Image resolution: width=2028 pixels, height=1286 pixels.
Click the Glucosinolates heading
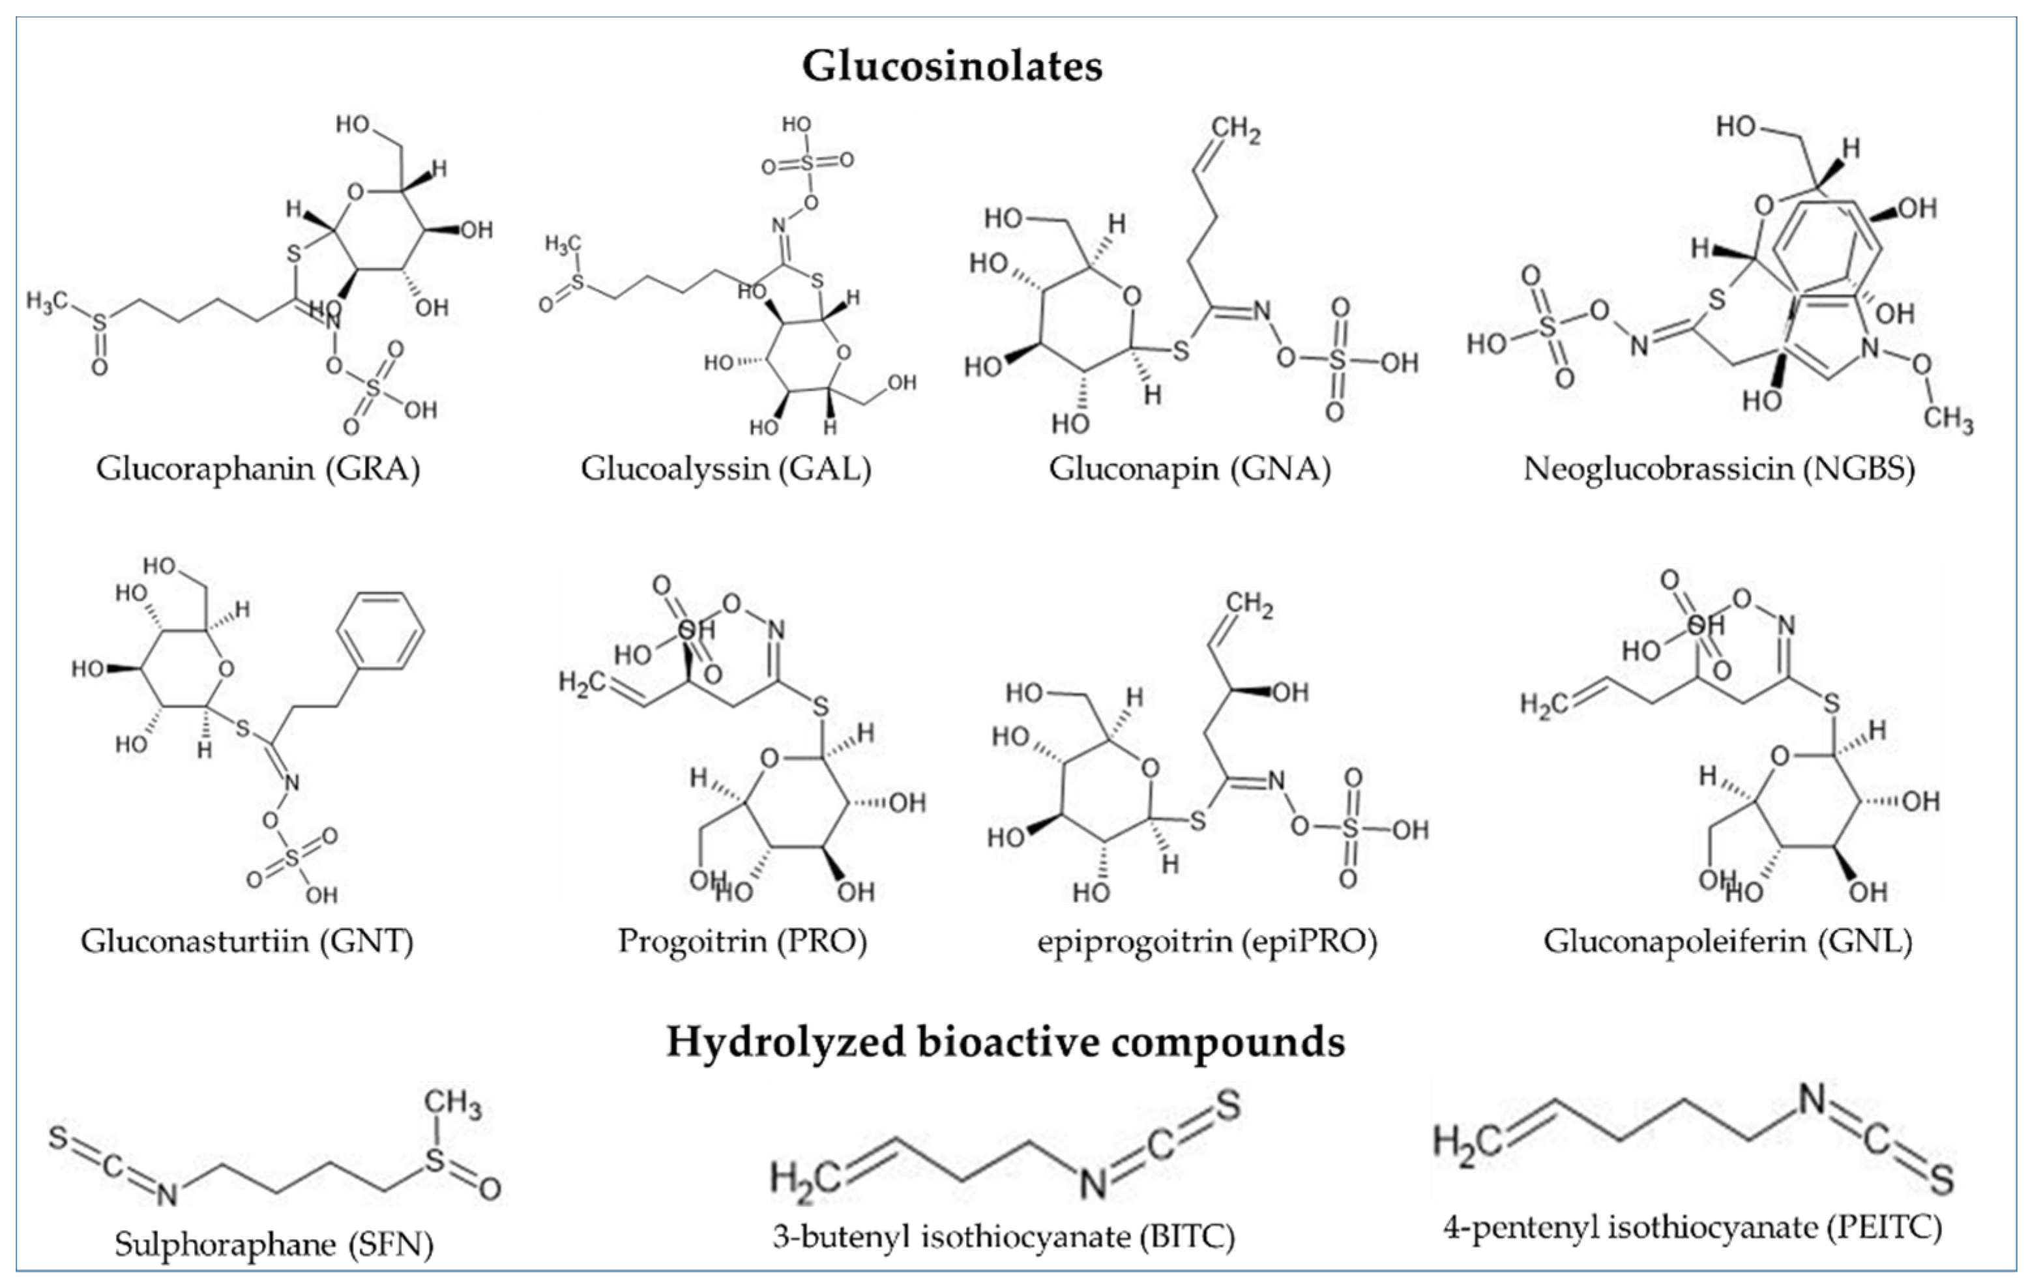(x=952, y=66)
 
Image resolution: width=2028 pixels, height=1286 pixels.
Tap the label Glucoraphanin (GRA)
(x=257, y=468)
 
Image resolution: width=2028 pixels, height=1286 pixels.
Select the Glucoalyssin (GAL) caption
(x=726, y=468)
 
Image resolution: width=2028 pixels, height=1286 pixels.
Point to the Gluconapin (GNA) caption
(x=1189, y=468)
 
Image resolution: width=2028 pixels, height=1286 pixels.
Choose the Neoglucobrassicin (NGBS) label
(x=1719, y=468)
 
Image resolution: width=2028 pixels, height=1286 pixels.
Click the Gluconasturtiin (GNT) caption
(x=248, y=941)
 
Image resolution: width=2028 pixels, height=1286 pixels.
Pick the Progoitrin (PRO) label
(x=742, y=941)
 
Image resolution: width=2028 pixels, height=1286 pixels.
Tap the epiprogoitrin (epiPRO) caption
(x=1207, y=941)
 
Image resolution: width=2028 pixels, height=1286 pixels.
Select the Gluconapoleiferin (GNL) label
(x=1728, y=941)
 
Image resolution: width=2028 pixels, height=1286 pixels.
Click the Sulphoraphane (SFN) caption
(x=274, y=1244)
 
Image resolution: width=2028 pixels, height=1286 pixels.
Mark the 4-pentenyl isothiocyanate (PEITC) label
(x=1693, y=1227)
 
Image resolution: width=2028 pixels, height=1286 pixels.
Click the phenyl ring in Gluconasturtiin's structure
(x=380, y=631)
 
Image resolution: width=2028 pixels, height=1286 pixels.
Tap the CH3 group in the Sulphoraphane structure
(x=452, y=1104)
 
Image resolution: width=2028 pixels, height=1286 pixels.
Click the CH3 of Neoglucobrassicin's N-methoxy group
(x=1947, y=417)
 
